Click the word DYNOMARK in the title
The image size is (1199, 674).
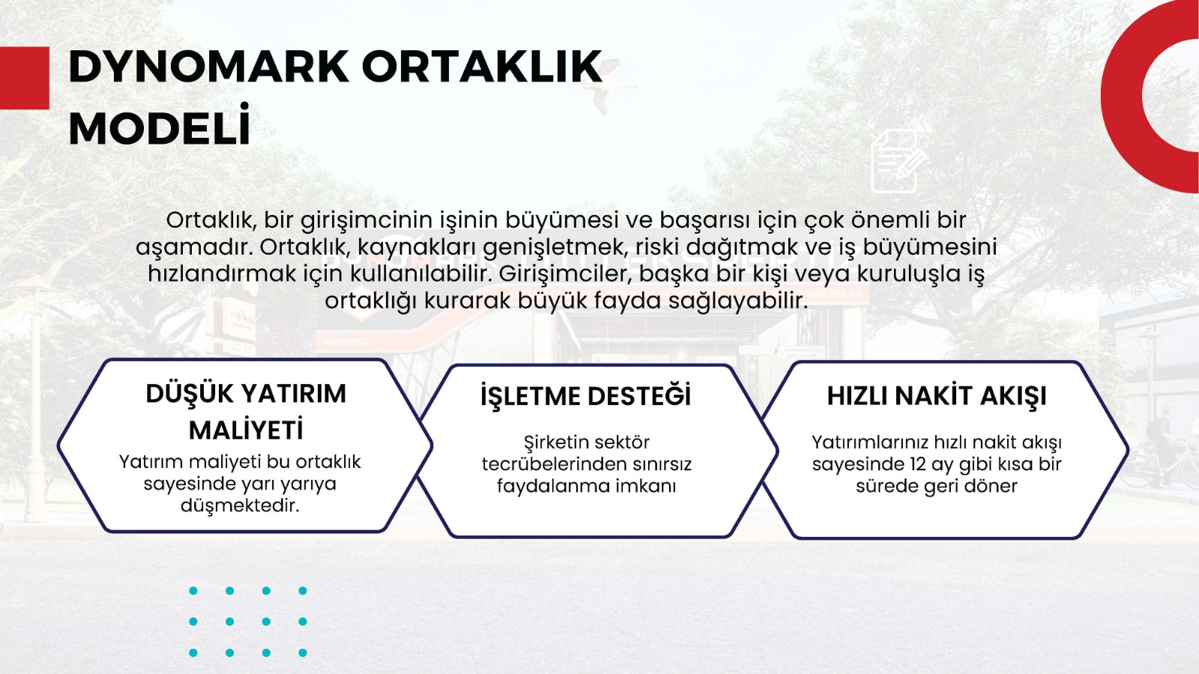tap(209, 67)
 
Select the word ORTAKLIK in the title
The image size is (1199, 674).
tap(483, 67)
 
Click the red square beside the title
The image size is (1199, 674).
tap(25, 78)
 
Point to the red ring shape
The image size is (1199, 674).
tap(1119, 97)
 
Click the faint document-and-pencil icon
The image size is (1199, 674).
tap(898, 160)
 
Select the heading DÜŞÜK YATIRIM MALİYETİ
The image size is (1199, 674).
tap(247, 411)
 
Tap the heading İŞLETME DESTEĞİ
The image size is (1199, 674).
tap(585, 396)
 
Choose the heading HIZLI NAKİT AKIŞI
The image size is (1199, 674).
tap(937, 396)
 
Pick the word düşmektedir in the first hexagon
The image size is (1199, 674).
tap(240, 506)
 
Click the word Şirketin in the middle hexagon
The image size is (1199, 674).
tap(555, 443)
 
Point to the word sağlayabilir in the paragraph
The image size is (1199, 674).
tap(737, 301)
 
